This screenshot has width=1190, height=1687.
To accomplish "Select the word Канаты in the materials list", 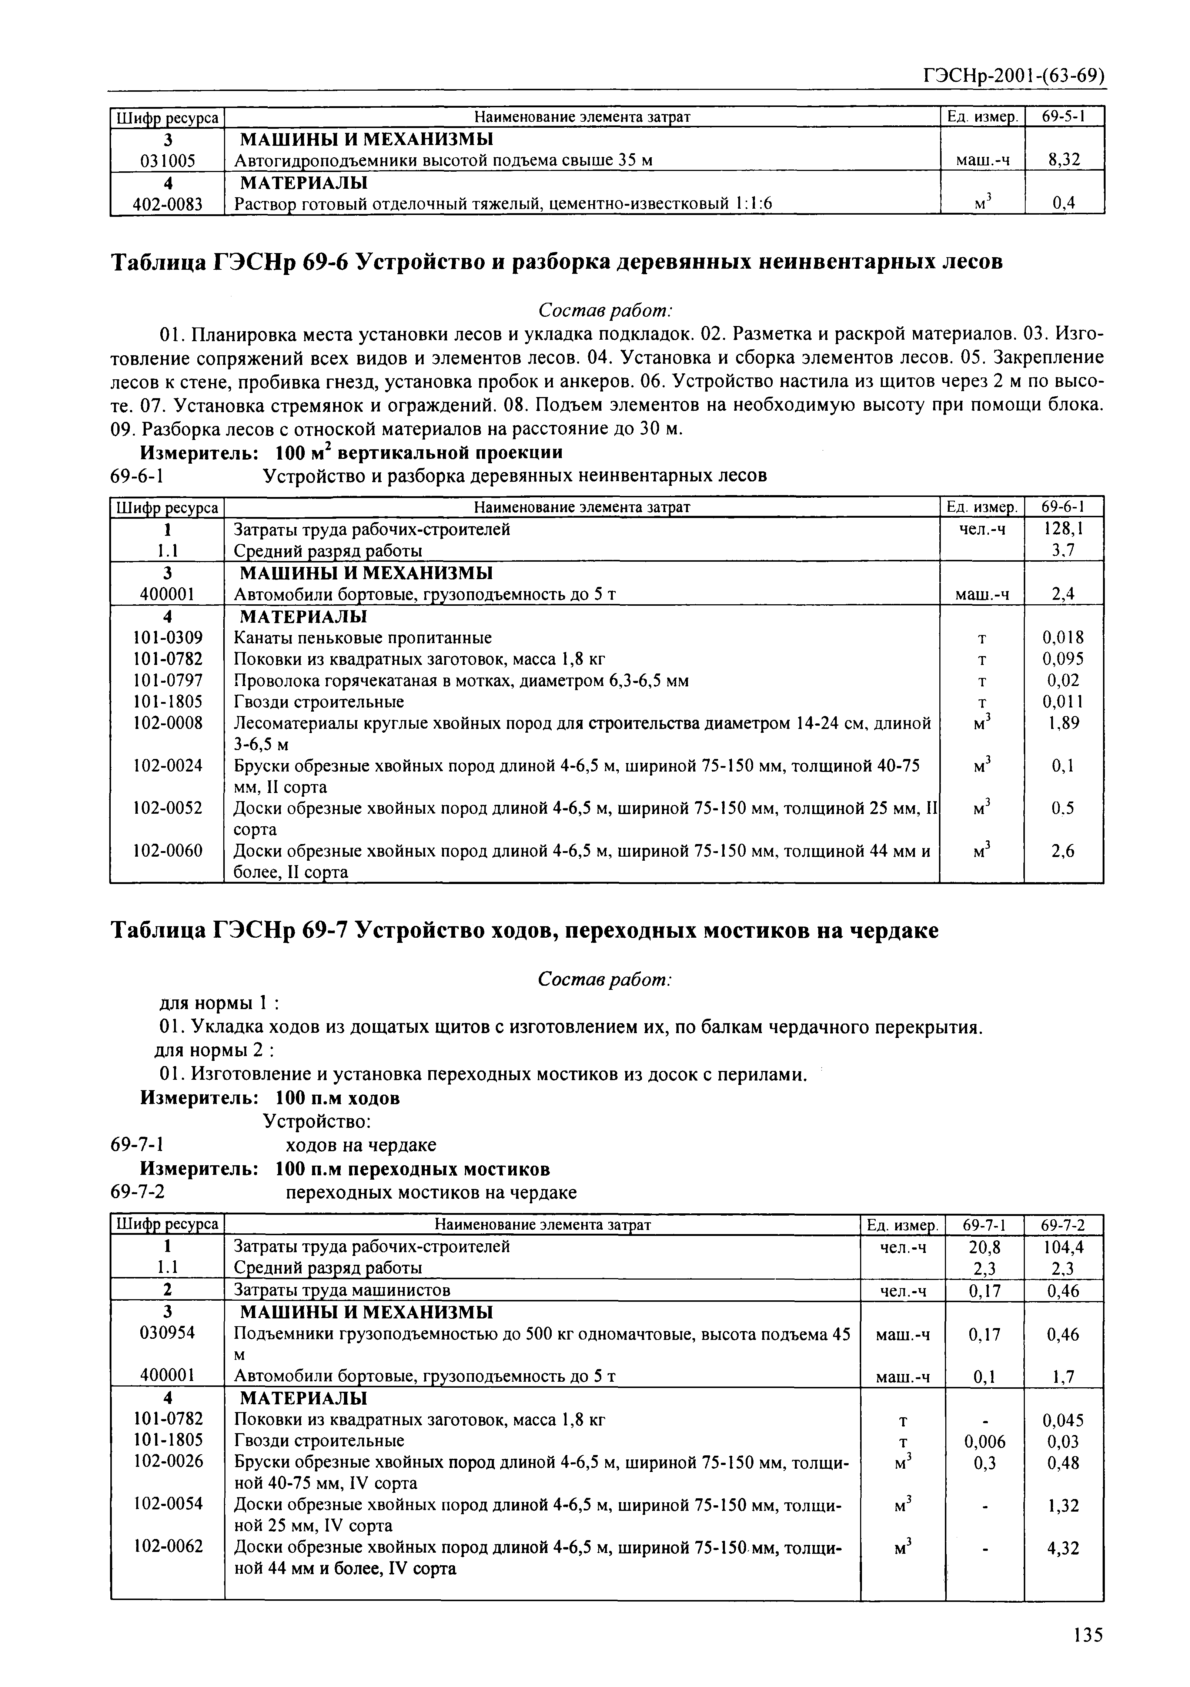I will (259, 637).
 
